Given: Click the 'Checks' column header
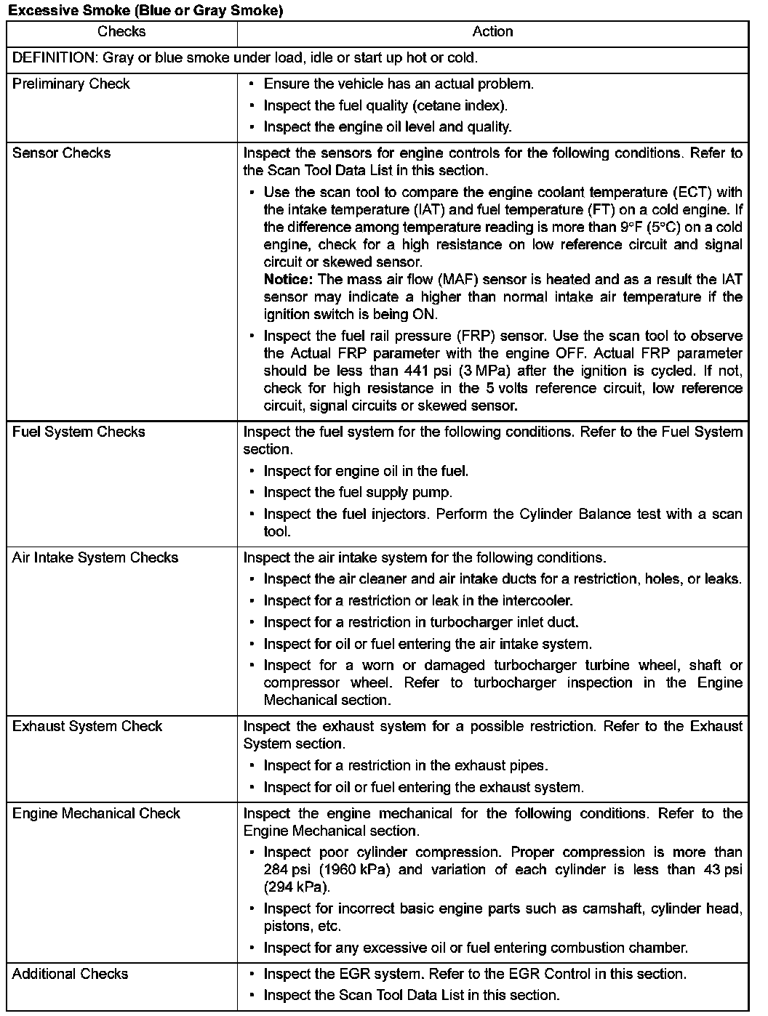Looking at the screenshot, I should pyautogui.click(x=121, y=32).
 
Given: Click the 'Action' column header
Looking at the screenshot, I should pyautogui.click(x=492, y=32).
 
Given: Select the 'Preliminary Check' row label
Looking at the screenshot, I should pyautogui.click(x=71, y=84).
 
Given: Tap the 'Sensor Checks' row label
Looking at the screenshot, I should pyautogui.click(x=62, y=153).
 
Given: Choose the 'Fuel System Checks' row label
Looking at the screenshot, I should pyautogui.click(x=79, y=432).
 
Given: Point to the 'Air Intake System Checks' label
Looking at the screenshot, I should pyautogui.click(x=95, y=558).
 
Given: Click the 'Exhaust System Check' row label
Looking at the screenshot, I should pyautogui.click(x=87, y=727).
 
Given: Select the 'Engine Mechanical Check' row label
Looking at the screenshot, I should pyautogui.click(x=96, y=814).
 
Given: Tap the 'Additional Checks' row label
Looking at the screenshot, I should pyautogui.click(x=70, y=975).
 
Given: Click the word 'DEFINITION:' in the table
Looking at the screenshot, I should pyautogui.click(x=55, y=58).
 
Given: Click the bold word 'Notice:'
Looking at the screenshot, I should pyautogui.click(x=288, y=280).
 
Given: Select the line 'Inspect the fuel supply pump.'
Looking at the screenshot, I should pyautogui.click(x=358, y=493).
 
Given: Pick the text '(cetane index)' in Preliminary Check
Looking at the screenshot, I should pyautogui.click(x=460, y=106).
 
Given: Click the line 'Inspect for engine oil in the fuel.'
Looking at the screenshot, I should pyautogui.click(x=366, y=472).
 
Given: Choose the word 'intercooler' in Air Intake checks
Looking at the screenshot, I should pyautogui.click(x=537, y=601).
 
